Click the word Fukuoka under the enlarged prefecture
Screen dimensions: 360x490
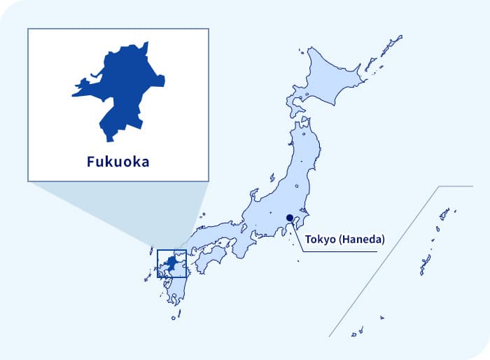pyautogui.click(x=118, y=162)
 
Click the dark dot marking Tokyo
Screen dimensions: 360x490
pyautogui.click(x=290, y=217)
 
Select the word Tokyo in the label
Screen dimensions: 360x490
pyautogui.click(x=319, y=240)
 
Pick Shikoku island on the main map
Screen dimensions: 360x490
pyautogui.click(x=209, y=260)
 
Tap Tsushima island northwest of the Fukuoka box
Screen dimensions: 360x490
pyautogui.click(x=151, y=249)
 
